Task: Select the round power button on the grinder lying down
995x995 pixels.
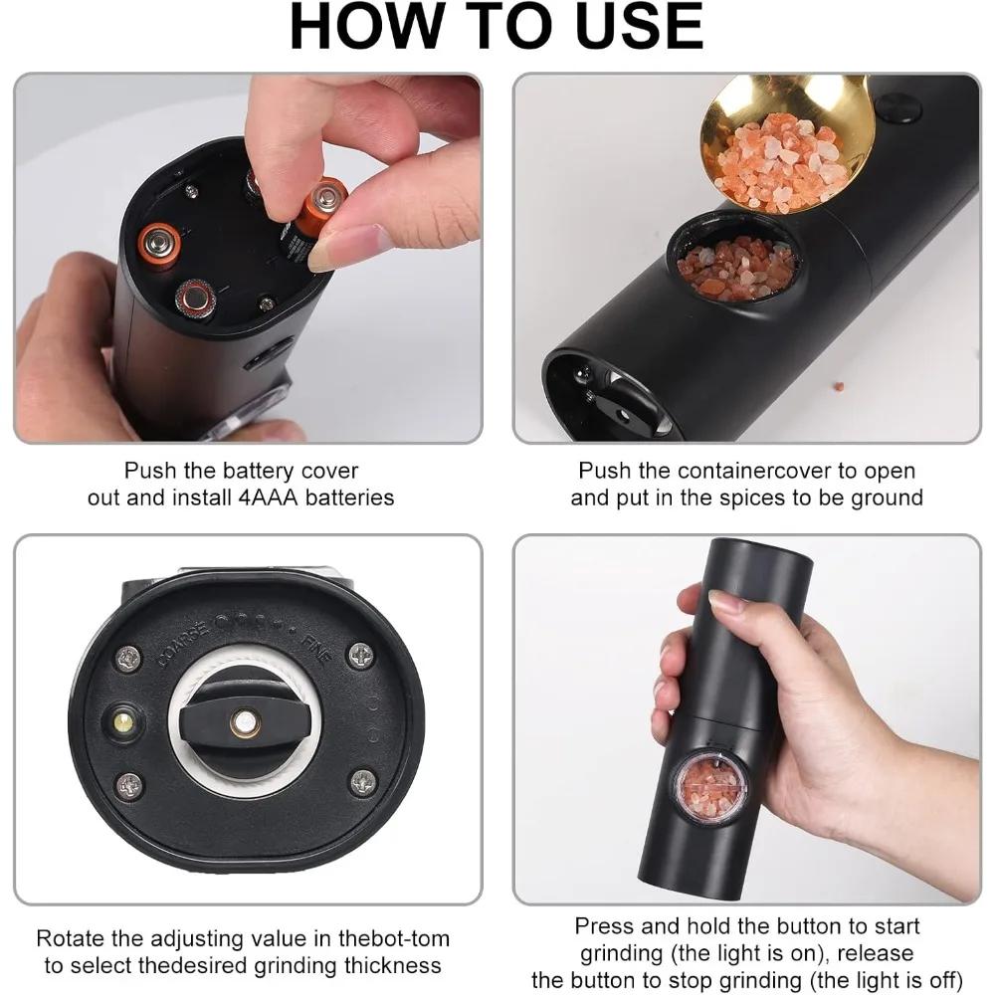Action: click(x=897, y=107)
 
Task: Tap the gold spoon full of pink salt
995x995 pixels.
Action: click(x=786, y=149)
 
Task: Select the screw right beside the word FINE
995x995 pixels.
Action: click(x=359, y=655)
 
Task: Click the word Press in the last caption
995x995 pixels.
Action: click(x=604, y=926)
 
